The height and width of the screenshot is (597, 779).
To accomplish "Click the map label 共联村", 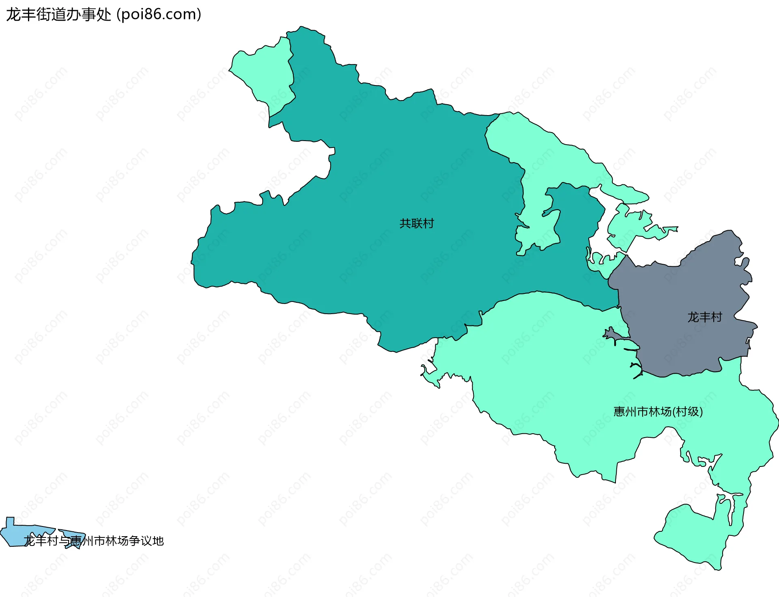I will pos(417,223).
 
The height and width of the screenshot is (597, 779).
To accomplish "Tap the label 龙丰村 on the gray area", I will pos(705,317).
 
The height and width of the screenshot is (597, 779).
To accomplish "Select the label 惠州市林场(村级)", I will pos(658,412).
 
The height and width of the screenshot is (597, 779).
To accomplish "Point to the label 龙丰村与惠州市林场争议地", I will pos(94,541).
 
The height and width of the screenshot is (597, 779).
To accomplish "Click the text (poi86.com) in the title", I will pos(159,15).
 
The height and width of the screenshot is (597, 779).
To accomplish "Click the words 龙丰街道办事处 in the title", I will pos(58,15).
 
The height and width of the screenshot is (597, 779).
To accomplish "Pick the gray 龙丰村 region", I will pos(686,292).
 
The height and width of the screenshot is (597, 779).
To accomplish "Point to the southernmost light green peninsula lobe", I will pos(690,535).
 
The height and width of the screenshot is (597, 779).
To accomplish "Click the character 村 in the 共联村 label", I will pos(428,223).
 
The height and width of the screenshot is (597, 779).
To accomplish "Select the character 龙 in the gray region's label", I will pos(693,317).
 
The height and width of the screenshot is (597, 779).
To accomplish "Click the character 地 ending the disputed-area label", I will pos(158,541).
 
